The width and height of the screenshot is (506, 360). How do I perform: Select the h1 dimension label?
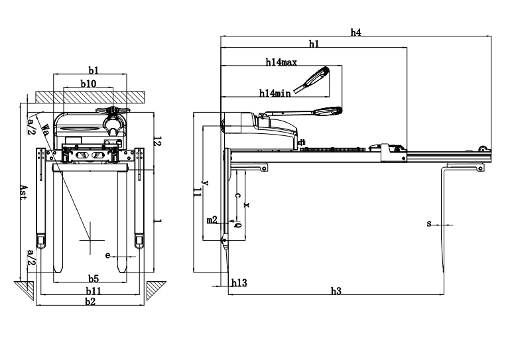point(314,44)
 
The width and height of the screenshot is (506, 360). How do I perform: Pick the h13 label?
point(239,282)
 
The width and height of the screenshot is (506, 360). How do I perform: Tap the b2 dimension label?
point(90,302)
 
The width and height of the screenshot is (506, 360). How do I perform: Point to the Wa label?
point(44,129)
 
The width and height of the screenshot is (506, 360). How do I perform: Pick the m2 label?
point(212,219)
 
